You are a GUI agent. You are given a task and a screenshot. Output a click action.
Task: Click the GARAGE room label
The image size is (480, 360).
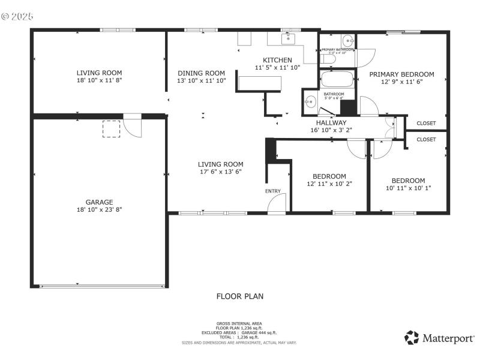click(99, 202)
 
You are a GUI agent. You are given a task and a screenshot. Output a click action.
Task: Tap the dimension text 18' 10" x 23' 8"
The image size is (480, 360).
click(99, 209)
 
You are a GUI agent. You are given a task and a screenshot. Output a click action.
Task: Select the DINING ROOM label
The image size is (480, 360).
click(201, 73)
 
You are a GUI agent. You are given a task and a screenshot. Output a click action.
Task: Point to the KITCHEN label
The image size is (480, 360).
click(277, 60)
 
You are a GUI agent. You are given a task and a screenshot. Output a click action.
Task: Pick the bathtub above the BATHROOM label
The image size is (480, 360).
click(336, 80)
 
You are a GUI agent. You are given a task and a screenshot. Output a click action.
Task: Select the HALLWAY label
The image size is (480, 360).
click(328, 122)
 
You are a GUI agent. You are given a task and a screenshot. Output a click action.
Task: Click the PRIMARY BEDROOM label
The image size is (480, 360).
click(401, 74)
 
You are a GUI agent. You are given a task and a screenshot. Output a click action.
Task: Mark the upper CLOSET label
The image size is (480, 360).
click(426, 123)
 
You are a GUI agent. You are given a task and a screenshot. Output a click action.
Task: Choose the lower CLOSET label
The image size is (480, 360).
click(426, 139)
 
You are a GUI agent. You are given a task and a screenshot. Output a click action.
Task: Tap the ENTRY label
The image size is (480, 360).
click(272, 191)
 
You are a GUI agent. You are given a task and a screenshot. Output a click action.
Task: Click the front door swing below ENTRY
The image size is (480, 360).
click(277, 205)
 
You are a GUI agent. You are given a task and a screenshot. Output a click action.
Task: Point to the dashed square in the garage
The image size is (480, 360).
click(112, 129)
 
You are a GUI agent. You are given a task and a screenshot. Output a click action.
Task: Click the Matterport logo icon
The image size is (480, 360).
click(412, 338)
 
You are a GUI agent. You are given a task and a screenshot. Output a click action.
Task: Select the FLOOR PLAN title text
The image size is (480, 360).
click(239, 296)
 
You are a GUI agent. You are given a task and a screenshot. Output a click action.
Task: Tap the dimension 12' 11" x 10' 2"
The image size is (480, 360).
click(329, 184)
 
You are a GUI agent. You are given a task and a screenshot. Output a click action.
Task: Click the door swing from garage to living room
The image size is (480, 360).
click(133, 126)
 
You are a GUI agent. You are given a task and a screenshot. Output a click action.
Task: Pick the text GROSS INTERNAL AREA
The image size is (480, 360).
click(239, 323)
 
